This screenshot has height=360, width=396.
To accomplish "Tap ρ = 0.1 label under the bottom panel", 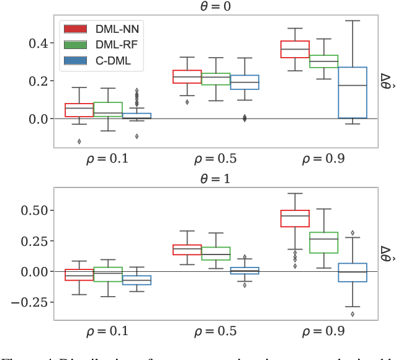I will [x=107, y=331].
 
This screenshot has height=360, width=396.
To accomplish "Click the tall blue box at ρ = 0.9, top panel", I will [x=352, y=92].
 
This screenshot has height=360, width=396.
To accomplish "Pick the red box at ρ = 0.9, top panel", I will [x=295, y=50].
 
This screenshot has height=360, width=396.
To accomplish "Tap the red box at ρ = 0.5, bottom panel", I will [x=187, y=250].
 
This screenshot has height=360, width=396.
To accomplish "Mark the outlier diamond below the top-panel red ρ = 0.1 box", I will [x=79, y=142].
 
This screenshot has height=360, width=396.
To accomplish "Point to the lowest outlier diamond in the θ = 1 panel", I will [x=353, y=314].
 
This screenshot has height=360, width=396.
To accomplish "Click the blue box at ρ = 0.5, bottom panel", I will [x=245, y=271].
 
